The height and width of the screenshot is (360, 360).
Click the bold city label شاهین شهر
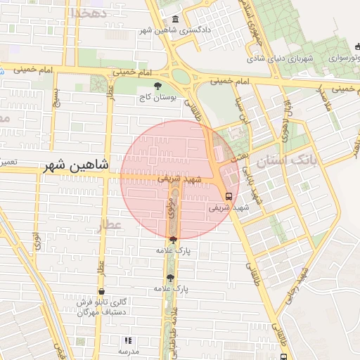tap(76, 166)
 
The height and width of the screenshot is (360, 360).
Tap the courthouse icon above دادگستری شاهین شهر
tap(174, 20)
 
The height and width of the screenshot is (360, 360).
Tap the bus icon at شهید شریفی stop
tap(229, 197)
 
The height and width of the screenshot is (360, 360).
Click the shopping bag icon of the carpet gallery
tap(102, 291)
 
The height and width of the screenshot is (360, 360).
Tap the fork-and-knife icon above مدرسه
tap(128, 340)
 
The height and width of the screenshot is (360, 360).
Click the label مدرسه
tap(128, 351)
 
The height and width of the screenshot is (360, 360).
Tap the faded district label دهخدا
tap(89, 13)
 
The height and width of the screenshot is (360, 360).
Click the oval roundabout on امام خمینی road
tap(181, 77)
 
